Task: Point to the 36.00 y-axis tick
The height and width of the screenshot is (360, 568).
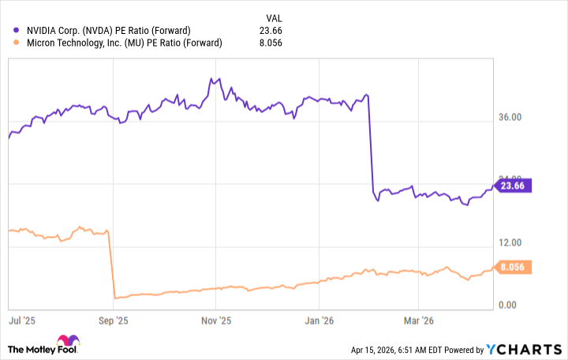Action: pyautogui.click(x=517, y=118)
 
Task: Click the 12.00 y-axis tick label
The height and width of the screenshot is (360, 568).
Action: pyautogui.click(x=517, y=242)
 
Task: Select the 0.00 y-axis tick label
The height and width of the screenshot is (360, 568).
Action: pyautogui.click(x=514, y=305)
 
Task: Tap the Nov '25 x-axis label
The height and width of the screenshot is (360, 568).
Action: pyautogui.click(x=215, y=321)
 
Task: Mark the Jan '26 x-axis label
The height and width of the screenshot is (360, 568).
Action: pyautogui.click(x=317, y=321)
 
